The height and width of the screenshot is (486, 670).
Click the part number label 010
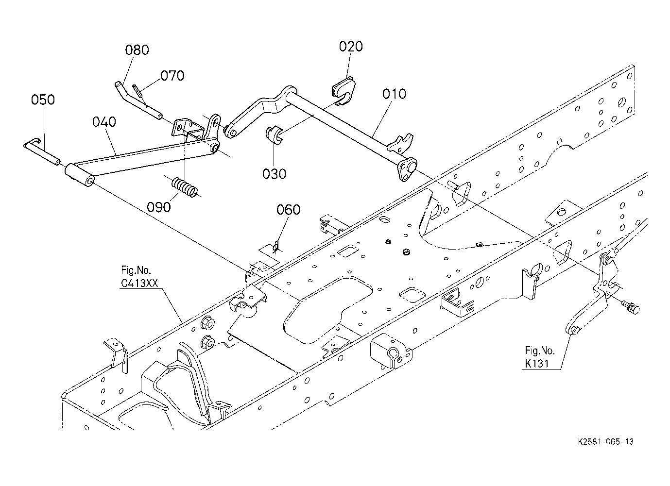(394, 94)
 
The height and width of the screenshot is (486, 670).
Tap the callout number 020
(351, 47)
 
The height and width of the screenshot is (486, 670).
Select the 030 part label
(274, 173)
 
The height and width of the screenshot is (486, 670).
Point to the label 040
(104, 121)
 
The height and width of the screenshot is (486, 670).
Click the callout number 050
(43, 100)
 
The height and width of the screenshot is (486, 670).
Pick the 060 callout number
(289, 210)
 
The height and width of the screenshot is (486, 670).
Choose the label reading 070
(172, 76)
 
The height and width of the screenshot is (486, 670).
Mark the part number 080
(137, 50)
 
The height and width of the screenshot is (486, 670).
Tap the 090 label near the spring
(159, 207)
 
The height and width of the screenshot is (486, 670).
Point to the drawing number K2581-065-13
(605, 441)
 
